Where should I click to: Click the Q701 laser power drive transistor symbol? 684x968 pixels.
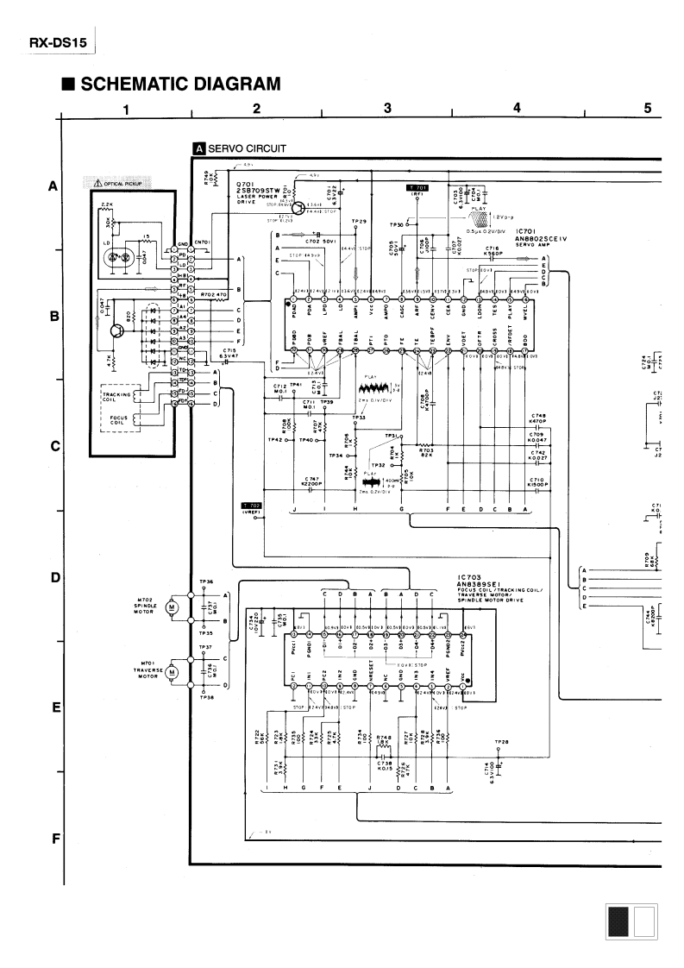[321, 207]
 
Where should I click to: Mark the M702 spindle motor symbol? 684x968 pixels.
[170, 607]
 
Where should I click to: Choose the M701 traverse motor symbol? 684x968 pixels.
[170, 670]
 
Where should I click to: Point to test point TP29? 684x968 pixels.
[360, 222]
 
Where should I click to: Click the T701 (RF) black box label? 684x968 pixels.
[417, 187]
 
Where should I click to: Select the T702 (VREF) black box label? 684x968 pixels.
[252, 505]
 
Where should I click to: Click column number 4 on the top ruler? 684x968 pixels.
[517, 108]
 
